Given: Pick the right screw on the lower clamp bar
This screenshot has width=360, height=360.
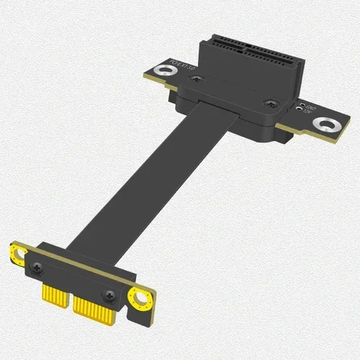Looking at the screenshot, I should coord(110,294).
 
